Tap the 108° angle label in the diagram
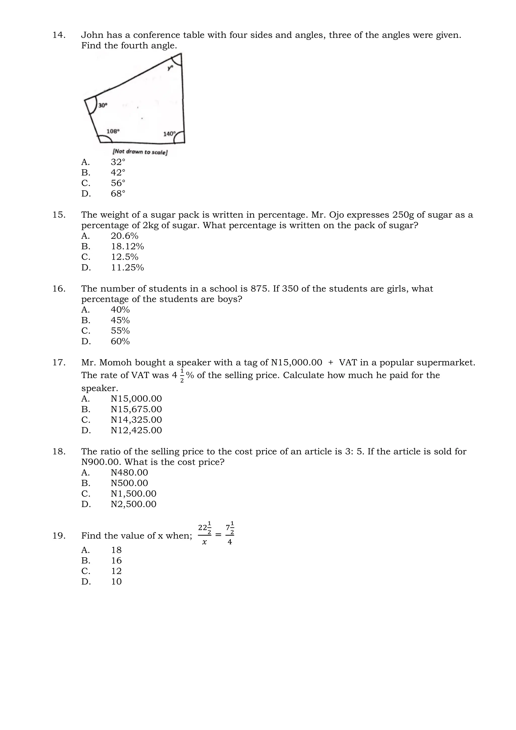(113, 131)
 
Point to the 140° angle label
(169, 134)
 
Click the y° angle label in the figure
(171, 67)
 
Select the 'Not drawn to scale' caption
(140, 152)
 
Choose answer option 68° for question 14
(118, 194)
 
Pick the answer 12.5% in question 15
(124, 257)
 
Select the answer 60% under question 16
(120, 341)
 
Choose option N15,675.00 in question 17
(136, 409)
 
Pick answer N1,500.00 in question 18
(134, 494)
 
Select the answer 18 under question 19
(116, 550)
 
